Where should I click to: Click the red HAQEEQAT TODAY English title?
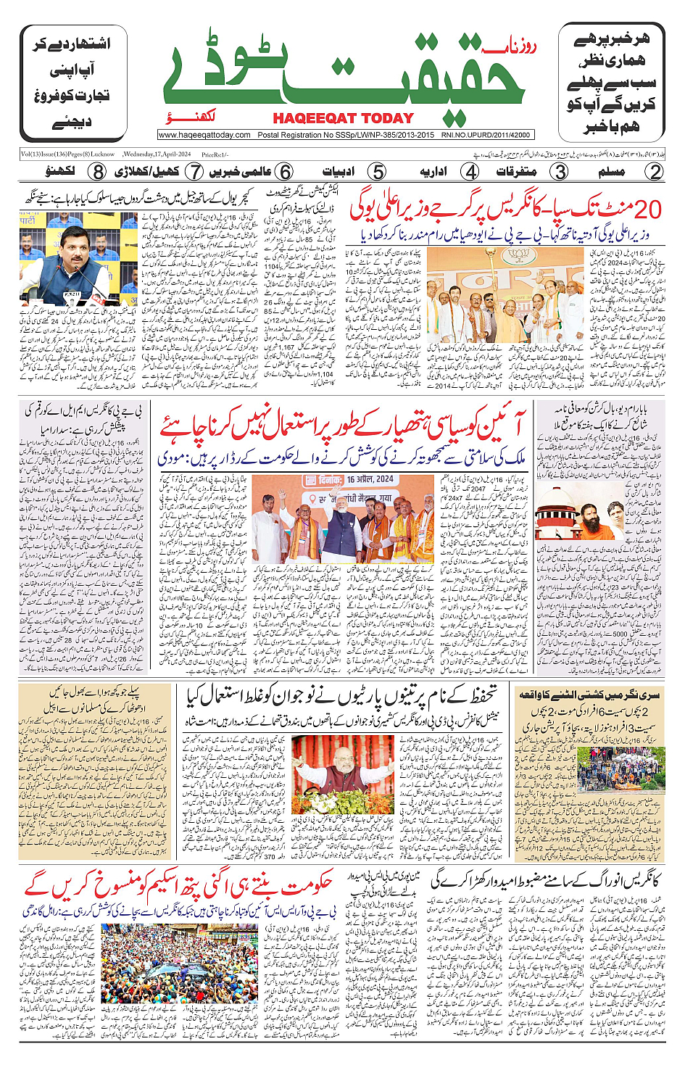344,118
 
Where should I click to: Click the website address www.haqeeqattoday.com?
205,135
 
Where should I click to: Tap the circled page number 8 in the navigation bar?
97,172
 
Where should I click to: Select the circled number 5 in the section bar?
377,172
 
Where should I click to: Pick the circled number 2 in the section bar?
655,172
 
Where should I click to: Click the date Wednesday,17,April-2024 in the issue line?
157,154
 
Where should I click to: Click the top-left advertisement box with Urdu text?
71,83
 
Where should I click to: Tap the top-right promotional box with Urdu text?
611,83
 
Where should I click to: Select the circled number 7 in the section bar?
194,172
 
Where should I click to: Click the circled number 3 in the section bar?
560,172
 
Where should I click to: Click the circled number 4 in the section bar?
470,172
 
